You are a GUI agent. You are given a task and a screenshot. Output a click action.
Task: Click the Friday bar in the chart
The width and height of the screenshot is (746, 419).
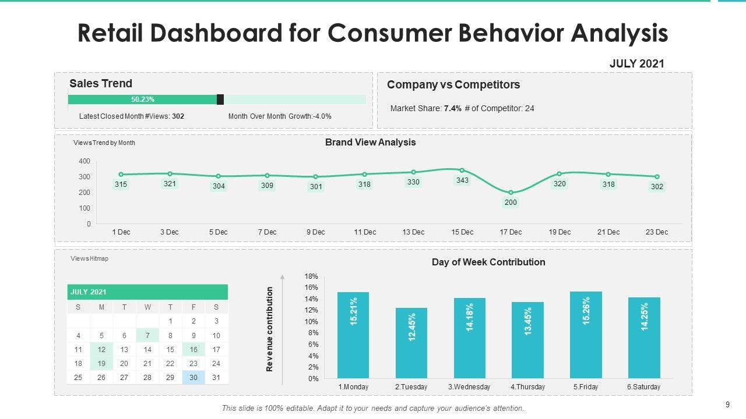point(586,335)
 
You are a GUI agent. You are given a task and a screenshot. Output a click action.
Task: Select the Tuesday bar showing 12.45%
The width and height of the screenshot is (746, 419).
point(411,343)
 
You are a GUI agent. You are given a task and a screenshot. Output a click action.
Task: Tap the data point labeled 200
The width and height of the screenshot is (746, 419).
point(511,193)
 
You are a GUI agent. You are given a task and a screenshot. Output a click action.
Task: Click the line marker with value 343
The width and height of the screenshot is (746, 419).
point(462,171)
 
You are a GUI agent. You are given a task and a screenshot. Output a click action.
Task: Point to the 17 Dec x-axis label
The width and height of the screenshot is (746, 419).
point(511,232)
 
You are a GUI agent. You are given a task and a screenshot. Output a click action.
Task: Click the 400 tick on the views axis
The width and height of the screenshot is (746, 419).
point(85,161)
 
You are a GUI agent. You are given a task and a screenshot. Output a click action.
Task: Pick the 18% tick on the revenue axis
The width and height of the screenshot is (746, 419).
point(311,276)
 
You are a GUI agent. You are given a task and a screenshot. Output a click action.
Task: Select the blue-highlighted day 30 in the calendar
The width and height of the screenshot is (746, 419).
point(193,378)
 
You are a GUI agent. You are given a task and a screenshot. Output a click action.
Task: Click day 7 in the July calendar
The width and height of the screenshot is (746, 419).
point(147,336)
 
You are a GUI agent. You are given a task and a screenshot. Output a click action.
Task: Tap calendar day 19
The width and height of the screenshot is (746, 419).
point(101,364)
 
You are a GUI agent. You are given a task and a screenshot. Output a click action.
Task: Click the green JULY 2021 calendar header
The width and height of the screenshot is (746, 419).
point(147,292)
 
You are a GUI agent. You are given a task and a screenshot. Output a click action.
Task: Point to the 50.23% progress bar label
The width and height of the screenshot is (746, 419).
point(143,100)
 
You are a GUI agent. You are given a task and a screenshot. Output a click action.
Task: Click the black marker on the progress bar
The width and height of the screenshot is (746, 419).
point(220,100)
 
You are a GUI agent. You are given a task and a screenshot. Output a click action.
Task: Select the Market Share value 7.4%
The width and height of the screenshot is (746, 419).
point(453,108)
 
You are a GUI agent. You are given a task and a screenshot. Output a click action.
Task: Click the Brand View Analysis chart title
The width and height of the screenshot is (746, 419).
point(370,143)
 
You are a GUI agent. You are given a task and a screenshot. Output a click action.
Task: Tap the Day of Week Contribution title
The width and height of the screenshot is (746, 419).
point(488,262)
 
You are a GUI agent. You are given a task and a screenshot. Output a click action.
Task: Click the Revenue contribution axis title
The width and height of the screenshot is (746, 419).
point(269,329)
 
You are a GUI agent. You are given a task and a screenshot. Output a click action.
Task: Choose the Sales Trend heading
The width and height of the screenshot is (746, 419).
point(101,83)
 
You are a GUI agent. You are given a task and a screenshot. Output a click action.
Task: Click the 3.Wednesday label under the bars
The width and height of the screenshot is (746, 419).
point(469,387)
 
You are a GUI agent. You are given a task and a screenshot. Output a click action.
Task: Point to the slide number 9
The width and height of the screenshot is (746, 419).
point(728,404)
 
